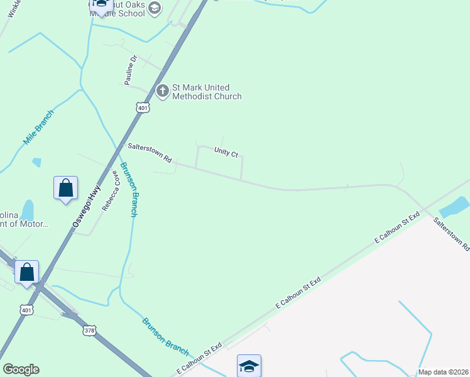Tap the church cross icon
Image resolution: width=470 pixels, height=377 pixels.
[163, 91]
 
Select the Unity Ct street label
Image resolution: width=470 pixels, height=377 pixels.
[226, 152]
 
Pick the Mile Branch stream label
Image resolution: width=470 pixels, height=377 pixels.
[39, 128]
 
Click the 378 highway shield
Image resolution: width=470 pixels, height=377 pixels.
[90, 329]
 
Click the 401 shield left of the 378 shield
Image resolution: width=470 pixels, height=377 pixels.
[26, 310]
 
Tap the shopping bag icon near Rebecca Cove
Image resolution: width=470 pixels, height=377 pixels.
[66, 188]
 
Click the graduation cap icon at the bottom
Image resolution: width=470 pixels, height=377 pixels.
[249, 365]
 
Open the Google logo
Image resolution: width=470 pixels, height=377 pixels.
[21, 369]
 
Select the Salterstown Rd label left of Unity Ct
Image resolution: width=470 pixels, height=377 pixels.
[150, 153]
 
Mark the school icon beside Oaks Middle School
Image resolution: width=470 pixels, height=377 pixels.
[155, 8]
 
